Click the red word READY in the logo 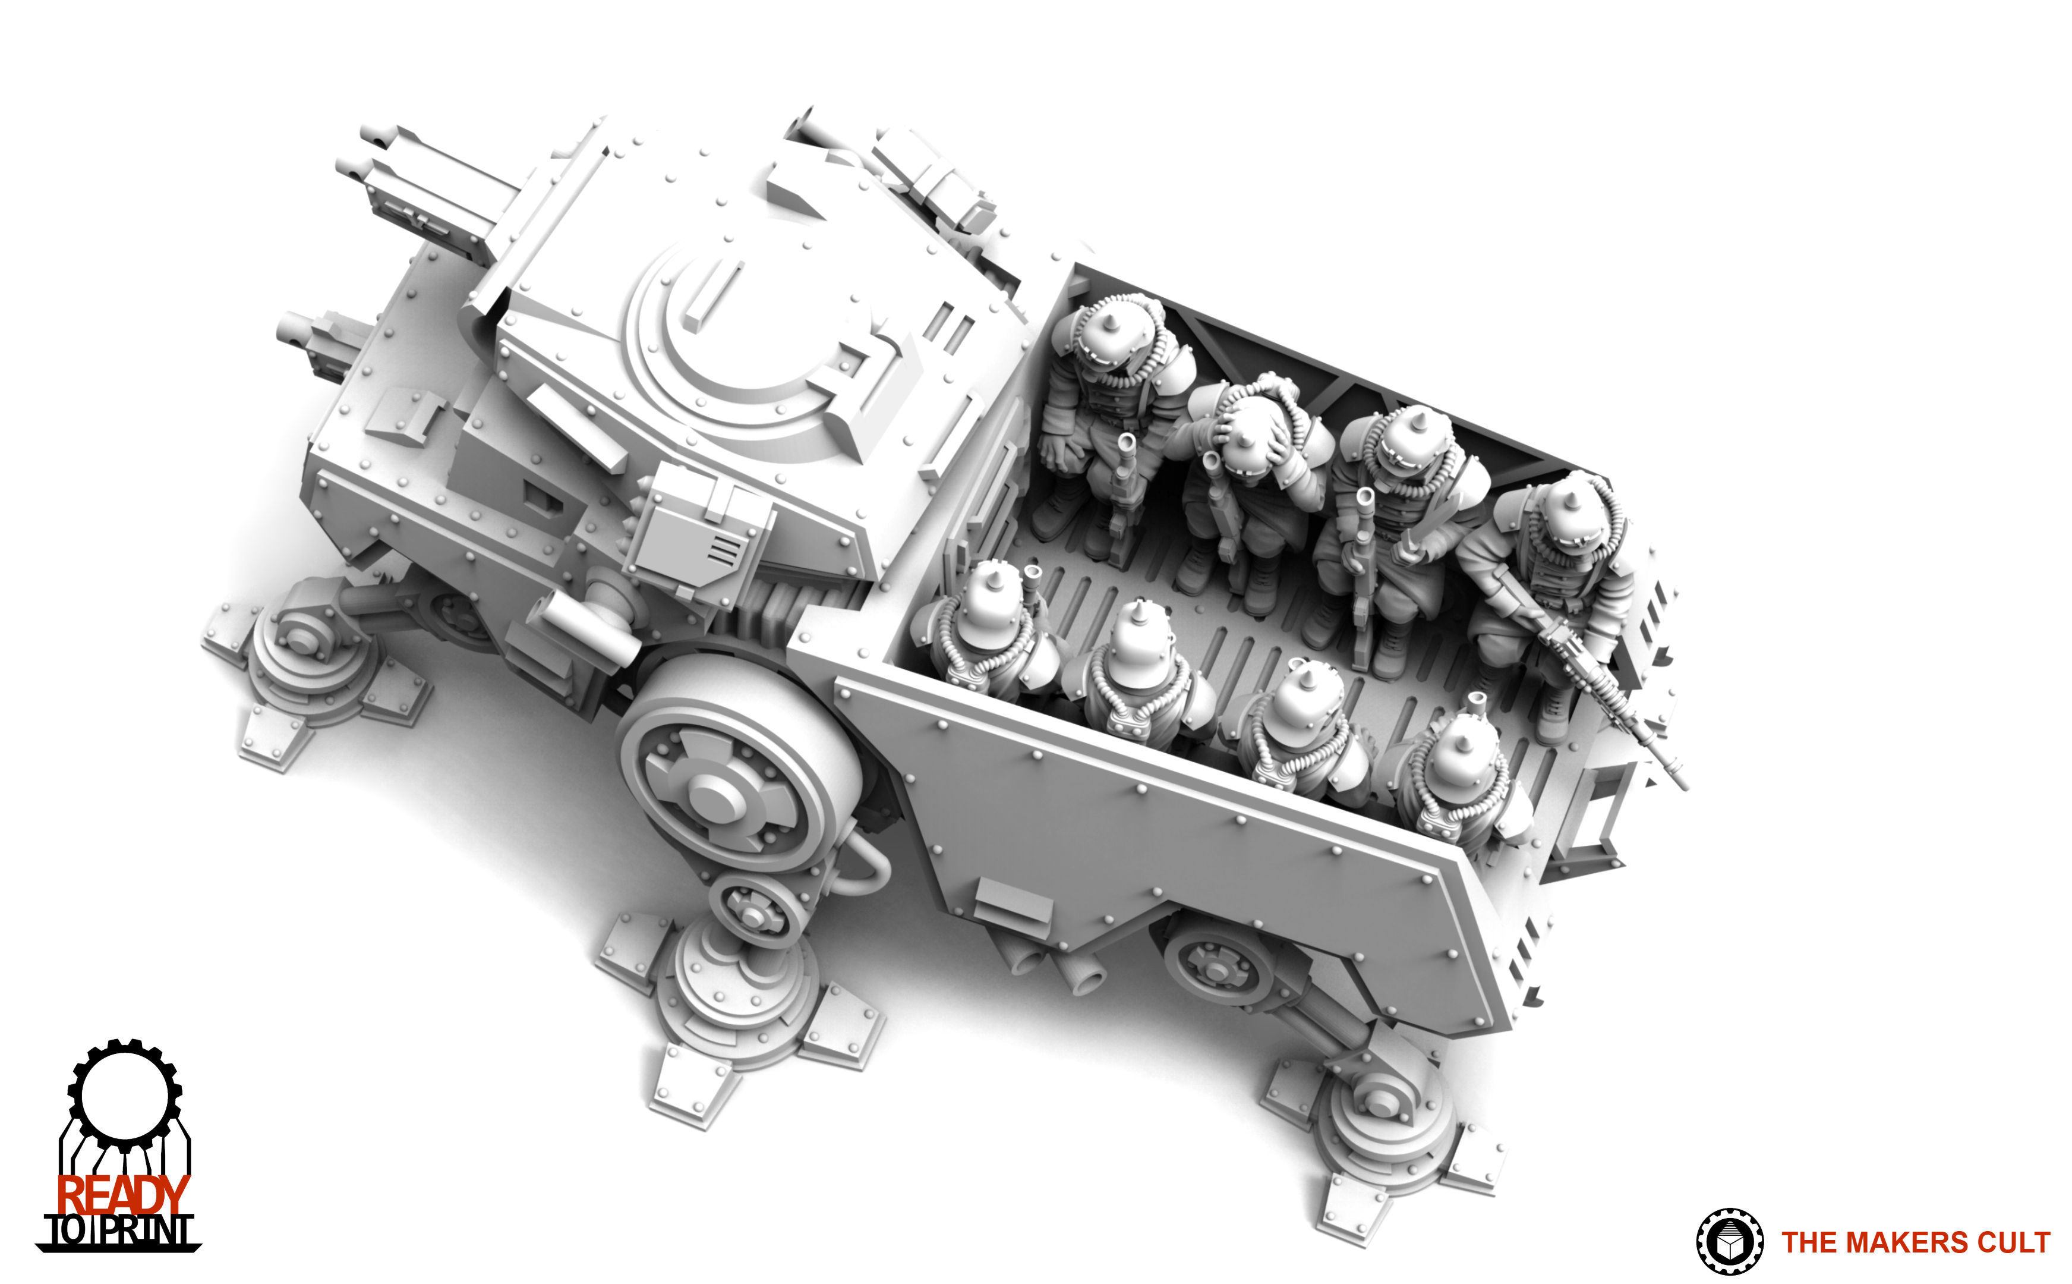(x=122, y=1195)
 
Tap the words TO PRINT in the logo (x=119, y=1231)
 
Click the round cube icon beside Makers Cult (x=1729, y=1242)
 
